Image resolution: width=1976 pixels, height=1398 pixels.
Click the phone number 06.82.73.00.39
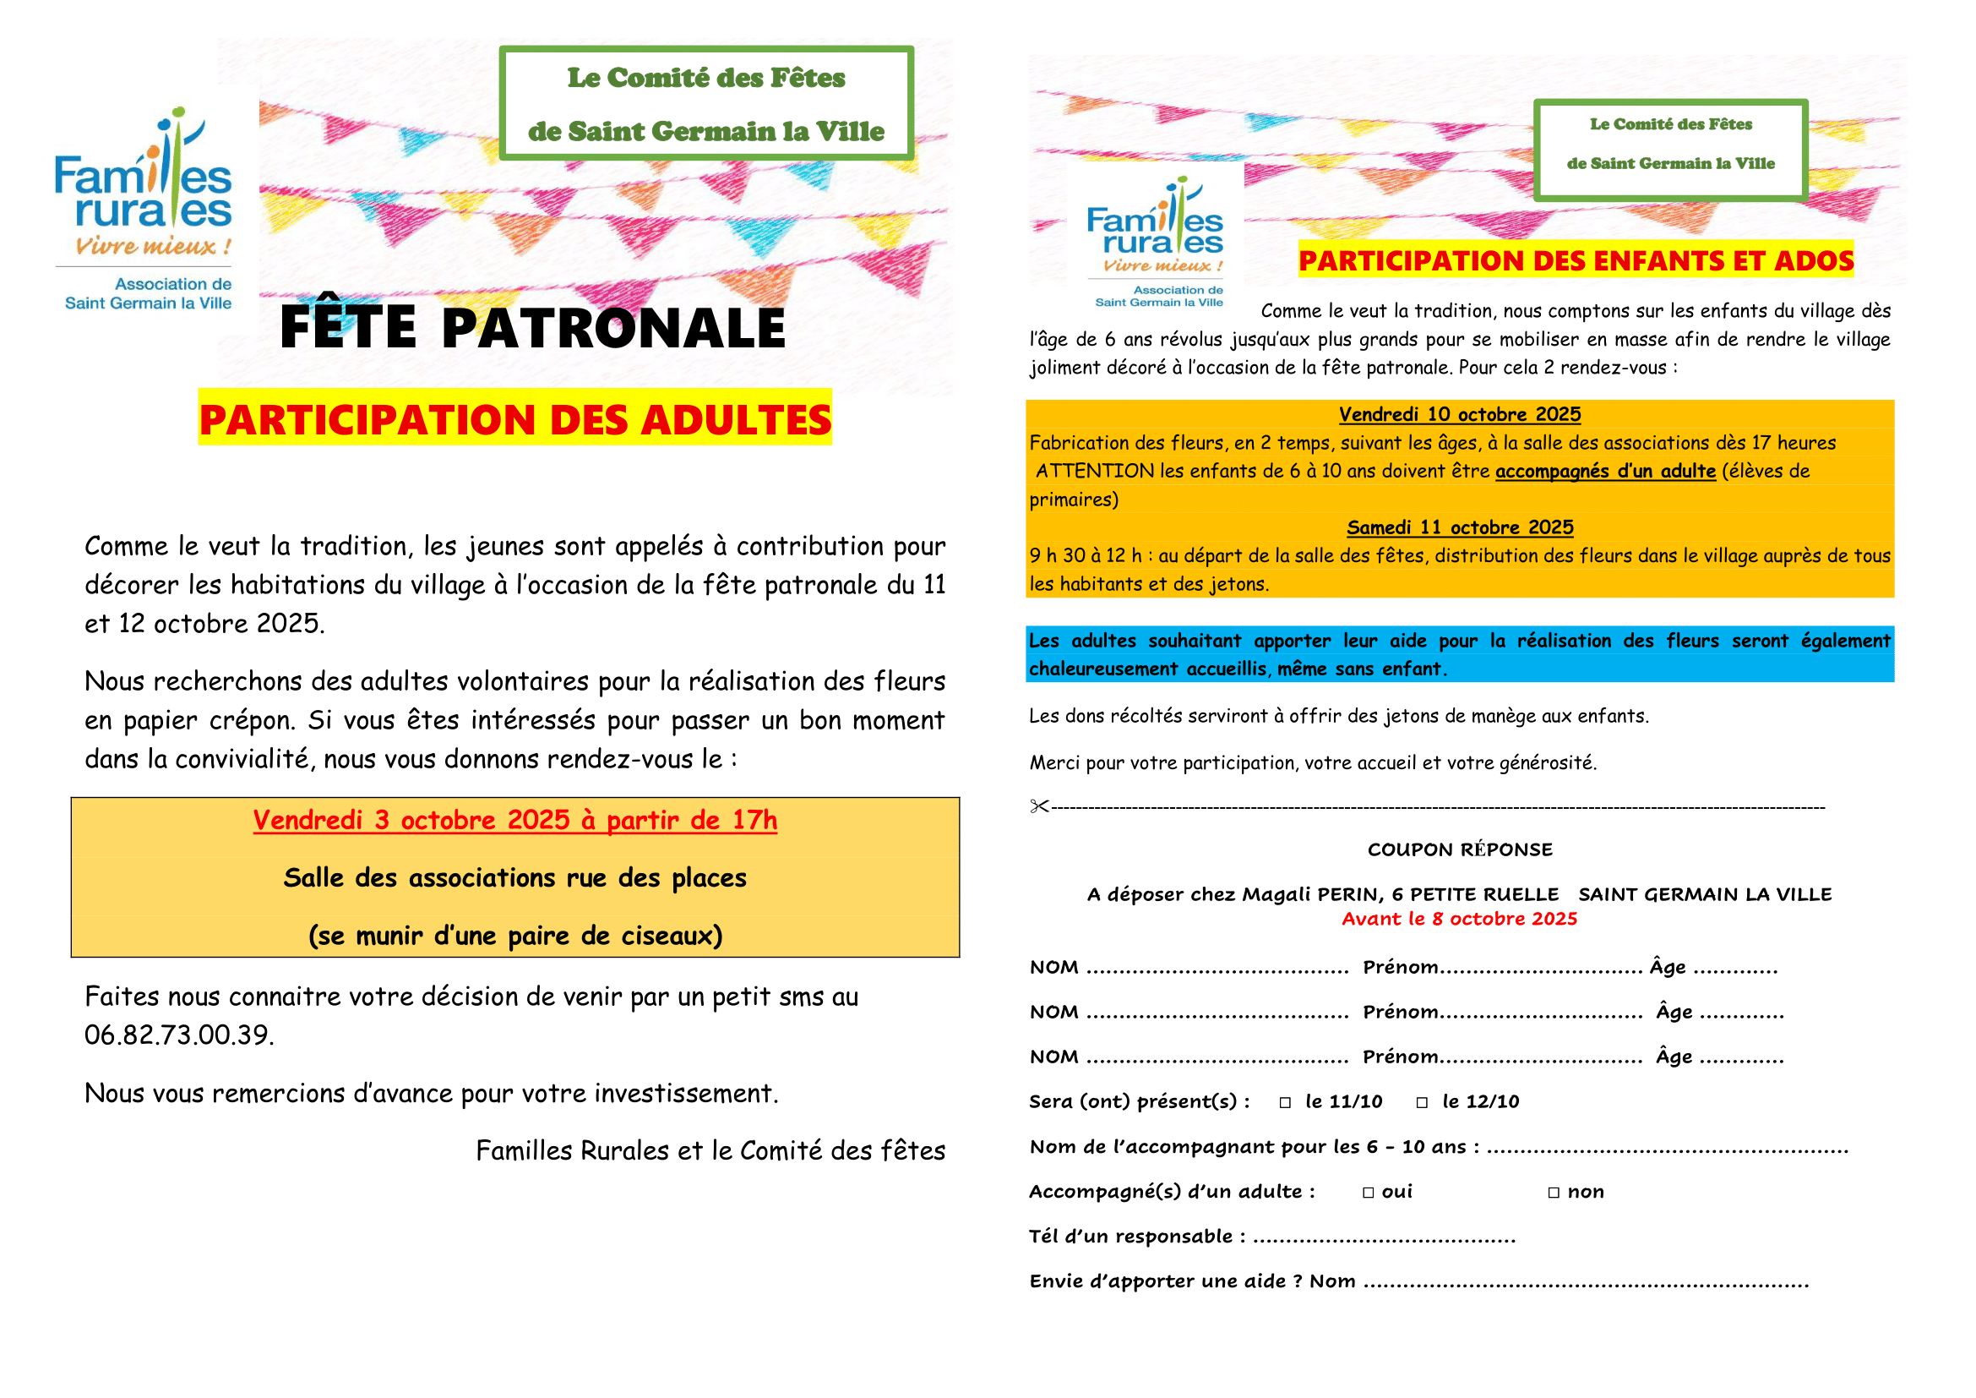click(179, 1035)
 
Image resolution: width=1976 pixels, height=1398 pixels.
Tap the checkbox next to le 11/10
click(1285, 1103)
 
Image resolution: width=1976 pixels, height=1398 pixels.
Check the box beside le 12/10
click(1422, 1103)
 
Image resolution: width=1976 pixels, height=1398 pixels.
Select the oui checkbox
click(1369, 1193)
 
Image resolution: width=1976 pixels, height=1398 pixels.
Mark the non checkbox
click(1554, 1193)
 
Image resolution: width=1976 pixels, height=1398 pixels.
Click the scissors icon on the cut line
click(1039, 806)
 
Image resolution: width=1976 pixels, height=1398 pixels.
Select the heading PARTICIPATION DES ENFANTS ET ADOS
click(1576, 261)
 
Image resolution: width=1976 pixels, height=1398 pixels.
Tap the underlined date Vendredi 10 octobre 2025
click(1460, 415)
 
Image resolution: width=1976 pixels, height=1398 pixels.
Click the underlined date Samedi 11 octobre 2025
click(1460, 527)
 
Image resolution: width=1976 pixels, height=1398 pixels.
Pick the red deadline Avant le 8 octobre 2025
click(1460, 920)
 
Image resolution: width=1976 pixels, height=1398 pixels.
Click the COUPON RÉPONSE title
click(1460, 850)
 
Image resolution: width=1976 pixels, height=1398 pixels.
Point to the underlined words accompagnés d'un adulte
click(1605, 472)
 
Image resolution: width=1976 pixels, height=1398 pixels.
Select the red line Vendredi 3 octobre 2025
click(514, 821)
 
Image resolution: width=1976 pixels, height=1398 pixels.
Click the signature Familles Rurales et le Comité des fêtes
click(710, 1151)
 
